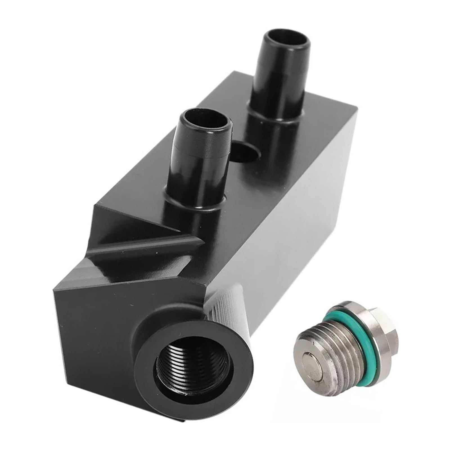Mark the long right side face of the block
295,225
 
